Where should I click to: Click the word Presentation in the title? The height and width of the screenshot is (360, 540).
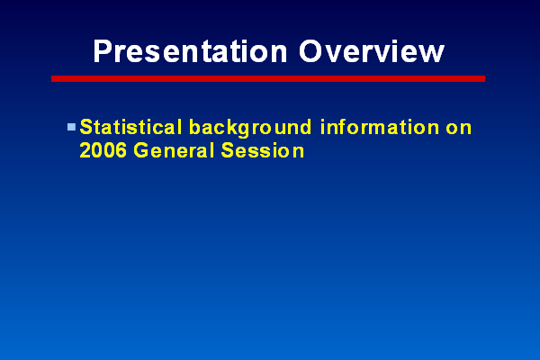pyautogui.click(x=190, y=51)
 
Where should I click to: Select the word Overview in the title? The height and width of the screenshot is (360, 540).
pyautogui.click(x=372, y=51)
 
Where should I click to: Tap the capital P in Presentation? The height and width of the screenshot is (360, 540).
pyautogui.click(x=102, y=51)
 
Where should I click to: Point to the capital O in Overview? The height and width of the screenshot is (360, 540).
pyautogui.click(x=311, y=51)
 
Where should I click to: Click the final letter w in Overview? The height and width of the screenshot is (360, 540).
pyautogui.click(x=432, y=54)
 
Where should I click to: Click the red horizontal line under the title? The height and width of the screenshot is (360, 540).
pyautogui.click(x=268, y=79)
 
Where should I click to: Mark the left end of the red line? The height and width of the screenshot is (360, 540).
pyautogui.click(x=51, y=79)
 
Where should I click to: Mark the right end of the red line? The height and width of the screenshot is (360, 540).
pyautogui.click(x=484, y=79)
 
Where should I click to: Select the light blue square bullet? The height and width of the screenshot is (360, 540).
pyautogui.click(x=71, y=127)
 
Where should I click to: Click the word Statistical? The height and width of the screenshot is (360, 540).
pyautogui.click(x=130, y=127)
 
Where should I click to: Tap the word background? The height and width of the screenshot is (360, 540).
pyautogui.click(x=250, y=128)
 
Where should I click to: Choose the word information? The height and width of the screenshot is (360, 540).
pyautogui.click(x=380, y=127)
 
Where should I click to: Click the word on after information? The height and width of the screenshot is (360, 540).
pyautogui.click(x=459, y=129)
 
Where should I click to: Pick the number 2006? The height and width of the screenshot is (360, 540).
pyautogui.click(x=103, y=150)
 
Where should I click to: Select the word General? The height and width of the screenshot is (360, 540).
pyautogui.click(x=174, y=150)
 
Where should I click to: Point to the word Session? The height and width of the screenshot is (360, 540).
pyautogui.click(x=263, y=150)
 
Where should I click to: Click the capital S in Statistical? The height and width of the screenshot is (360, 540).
pyautogui.click(x=86, y=127)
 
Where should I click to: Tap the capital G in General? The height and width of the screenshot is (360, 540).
pyautogui.click(x=141, y=150)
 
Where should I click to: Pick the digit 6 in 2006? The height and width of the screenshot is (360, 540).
pyautogui.click(x=121, y=150)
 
